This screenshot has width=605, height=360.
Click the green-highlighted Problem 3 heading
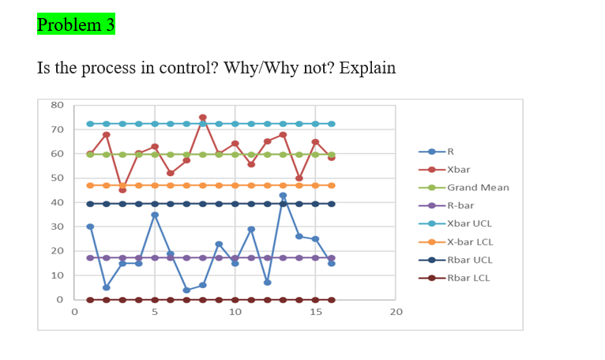[x=76, y=24]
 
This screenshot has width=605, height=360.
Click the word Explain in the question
[x=367, y=68]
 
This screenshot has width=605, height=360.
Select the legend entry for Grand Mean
[x=478, y=187]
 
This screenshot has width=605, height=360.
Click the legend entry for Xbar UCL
[x=469, y=223]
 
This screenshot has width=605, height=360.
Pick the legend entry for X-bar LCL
[x=470, y=242]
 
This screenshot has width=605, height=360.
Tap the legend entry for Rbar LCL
[x=469, y=278]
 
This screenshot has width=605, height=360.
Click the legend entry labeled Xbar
[x=458, y=169]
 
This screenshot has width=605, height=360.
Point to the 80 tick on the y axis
[x=57, y=105]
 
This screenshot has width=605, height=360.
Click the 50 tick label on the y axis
[x=57, y=178]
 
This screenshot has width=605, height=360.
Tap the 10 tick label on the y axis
[x=57, y=276]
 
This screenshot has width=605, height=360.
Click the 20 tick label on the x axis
[x=396, y=313]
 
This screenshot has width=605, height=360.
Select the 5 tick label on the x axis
[x=154, y=313]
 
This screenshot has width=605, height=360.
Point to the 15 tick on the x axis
[x=315, y=313]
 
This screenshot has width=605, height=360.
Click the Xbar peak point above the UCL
[x=203, y=118]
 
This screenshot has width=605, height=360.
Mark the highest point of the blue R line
[x=283, y=195]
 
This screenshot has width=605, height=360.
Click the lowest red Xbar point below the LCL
[x=122, y=189]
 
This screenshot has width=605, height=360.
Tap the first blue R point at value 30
[x=90, y=227]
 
